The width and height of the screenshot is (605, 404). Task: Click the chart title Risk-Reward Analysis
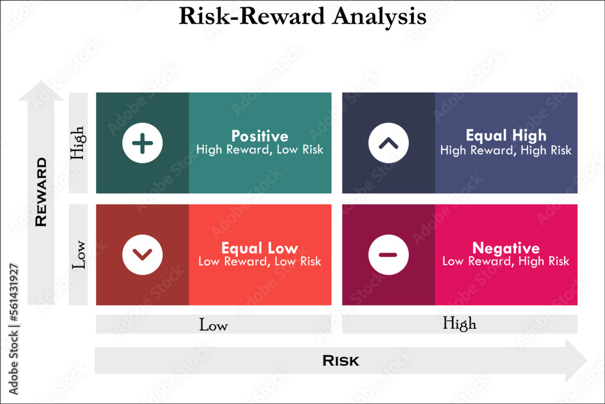point(302,16)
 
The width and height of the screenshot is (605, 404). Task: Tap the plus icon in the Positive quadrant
point(142,144)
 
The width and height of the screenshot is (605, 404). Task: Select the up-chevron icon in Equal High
point(388,144)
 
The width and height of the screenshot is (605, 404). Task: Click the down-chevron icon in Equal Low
point(142,254)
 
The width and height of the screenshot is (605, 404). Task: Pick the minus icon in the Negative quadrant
point(388,254)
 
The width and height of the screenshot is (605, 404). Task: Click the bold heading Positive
point(260,136)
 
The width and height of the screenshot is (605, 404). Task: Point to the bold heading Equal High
point(506,135)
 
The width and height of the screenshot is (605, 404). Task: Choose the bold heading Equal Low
point(260,248)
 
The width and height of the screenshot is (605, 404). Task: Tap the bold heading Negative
point(506,248)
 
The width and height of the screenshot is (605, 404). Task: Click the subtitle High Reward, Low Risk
point(260,150)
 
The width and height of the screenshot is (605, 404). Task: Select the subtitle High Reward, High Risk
point(506,150)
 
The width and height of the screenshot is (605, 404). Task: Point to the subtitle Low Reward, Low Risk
point(260,262)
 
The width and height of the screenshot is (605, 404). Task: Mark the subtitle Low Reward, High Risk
point(506,262)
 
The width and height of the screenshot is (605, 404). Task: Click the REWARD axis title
point(41,192)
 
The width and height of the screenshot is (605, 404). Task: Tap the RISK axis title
point(341,361)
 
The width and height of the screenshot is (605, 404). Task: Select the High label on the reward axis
point(78,142)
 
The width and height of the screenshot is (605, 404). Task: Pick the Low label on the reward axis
point(78,255)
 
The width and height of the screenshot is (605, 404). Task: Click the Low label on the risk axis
point(214,325)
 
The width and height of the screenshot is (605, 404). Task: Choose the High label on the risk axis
point(460,324)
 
